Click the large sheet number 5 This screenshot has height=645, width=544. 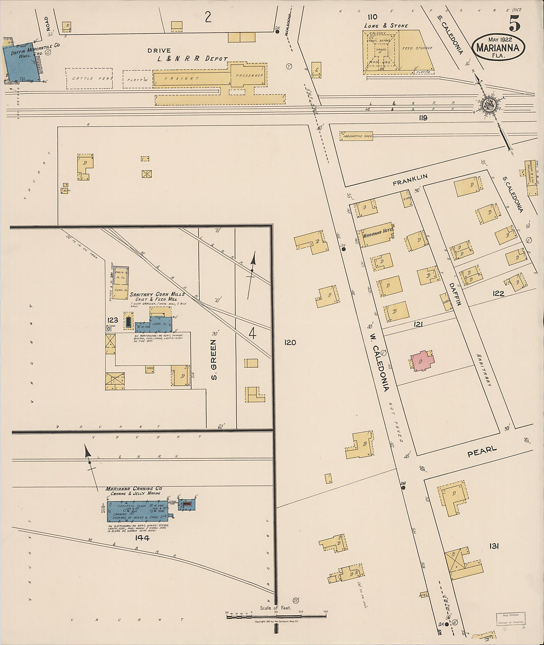[514, 23]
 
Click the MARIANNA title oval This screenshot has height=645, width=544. [498, 47]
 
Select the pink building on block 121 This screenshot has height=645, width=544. [422, 361]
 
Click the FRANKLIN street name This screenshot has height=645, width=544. [410, 180]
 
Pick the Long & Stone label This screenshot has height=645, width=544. [386, 26]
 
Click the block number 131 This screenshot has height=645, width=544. [493, 546]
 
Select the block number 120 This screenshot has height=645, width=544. [290, 342]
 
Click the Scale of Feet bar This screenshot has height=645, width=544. [276, 615]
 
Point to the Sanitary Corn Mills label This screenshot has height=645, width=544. [157, 294]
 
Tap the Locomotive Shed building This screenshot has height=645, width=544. [356, 135]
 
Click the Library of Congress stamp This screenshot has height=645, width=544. [510, 619]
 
